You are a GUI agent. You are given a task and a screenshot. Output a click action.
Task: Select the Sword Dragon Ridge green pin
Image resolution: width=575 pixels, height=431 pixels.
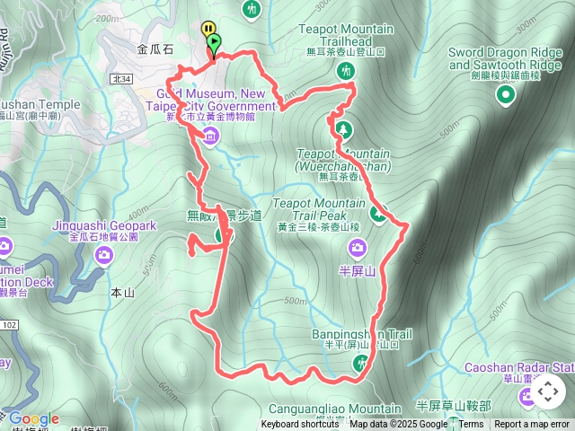coord(507,94)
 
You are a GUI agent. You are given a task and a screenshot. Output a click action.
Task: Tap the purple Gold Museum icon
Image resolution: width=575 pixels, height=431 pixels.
coord(210,136)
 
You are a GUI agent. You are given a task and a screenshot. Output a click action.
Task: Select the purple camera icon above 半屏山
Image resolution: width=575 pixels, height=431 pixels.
coord(358,247)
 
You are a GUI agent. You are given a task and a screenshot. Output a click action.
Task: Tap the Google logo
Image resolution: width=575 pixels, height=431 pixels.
coord(34,418)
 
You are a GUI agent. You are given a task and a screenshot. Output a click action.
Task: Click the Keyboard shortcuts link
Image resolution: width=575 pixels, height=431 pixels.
coord(300,425)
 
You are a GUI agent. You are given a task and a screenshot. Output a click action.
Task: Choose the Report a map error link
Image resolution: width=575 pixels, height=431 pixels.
coord(532,425)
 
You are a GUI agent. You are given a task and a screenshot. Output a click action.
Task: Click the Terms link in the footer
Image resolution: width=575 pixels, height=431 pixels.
coord(471,425)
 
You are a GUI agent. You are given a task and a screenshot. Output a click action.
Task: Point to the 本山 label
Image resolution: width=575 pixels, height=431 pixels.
coord(121,293)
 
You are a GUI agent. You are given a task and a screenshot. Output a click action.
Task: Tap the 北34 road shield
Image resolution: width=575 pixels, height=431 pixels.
coord(121,79)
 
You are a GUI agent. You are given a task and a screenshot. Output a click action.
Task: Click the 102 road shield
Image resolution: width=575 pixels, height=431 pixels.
coord(9,325)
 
